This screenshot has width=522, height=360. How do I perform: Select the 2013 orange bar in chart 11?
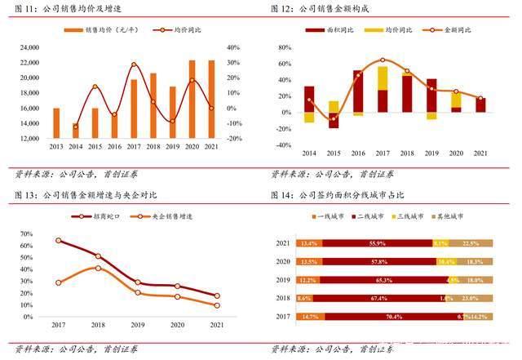click(56, 123)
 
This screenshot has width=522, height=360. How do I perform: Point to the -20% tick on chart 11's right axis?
click(232, 139)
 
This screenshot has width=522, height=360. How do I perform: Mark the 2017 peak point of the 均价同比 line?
click(134, 64)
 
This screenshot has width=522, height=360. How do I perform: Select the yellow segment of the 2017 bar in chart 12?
click(383, 78)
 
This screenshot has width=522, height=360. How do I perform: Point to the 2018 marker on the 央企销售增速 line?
click(98, 268)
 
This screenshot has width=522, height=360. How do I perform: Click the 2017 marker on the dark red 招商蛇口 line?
click(58, 241)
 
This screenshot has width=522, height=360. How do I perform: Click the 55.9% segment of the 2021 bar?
click(378, 243)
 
